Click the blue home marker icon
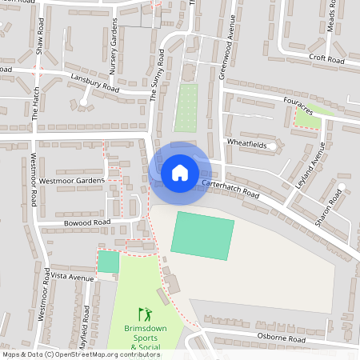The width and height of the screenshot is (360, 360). [180, 172]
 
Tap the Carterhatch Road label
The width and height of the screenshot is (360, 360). [231, 189]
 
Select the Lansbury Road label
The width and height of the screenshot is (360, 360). [94, 84]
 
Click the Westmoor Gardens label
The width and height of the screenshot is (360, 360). [71, 182]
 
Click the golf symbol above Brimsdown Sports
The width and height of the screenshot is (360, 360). [144, 313]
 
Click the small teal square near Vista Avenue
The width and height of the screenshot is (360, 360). [108, 262]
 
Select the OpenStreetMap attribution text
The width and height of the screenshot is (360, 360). [81, 354]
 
